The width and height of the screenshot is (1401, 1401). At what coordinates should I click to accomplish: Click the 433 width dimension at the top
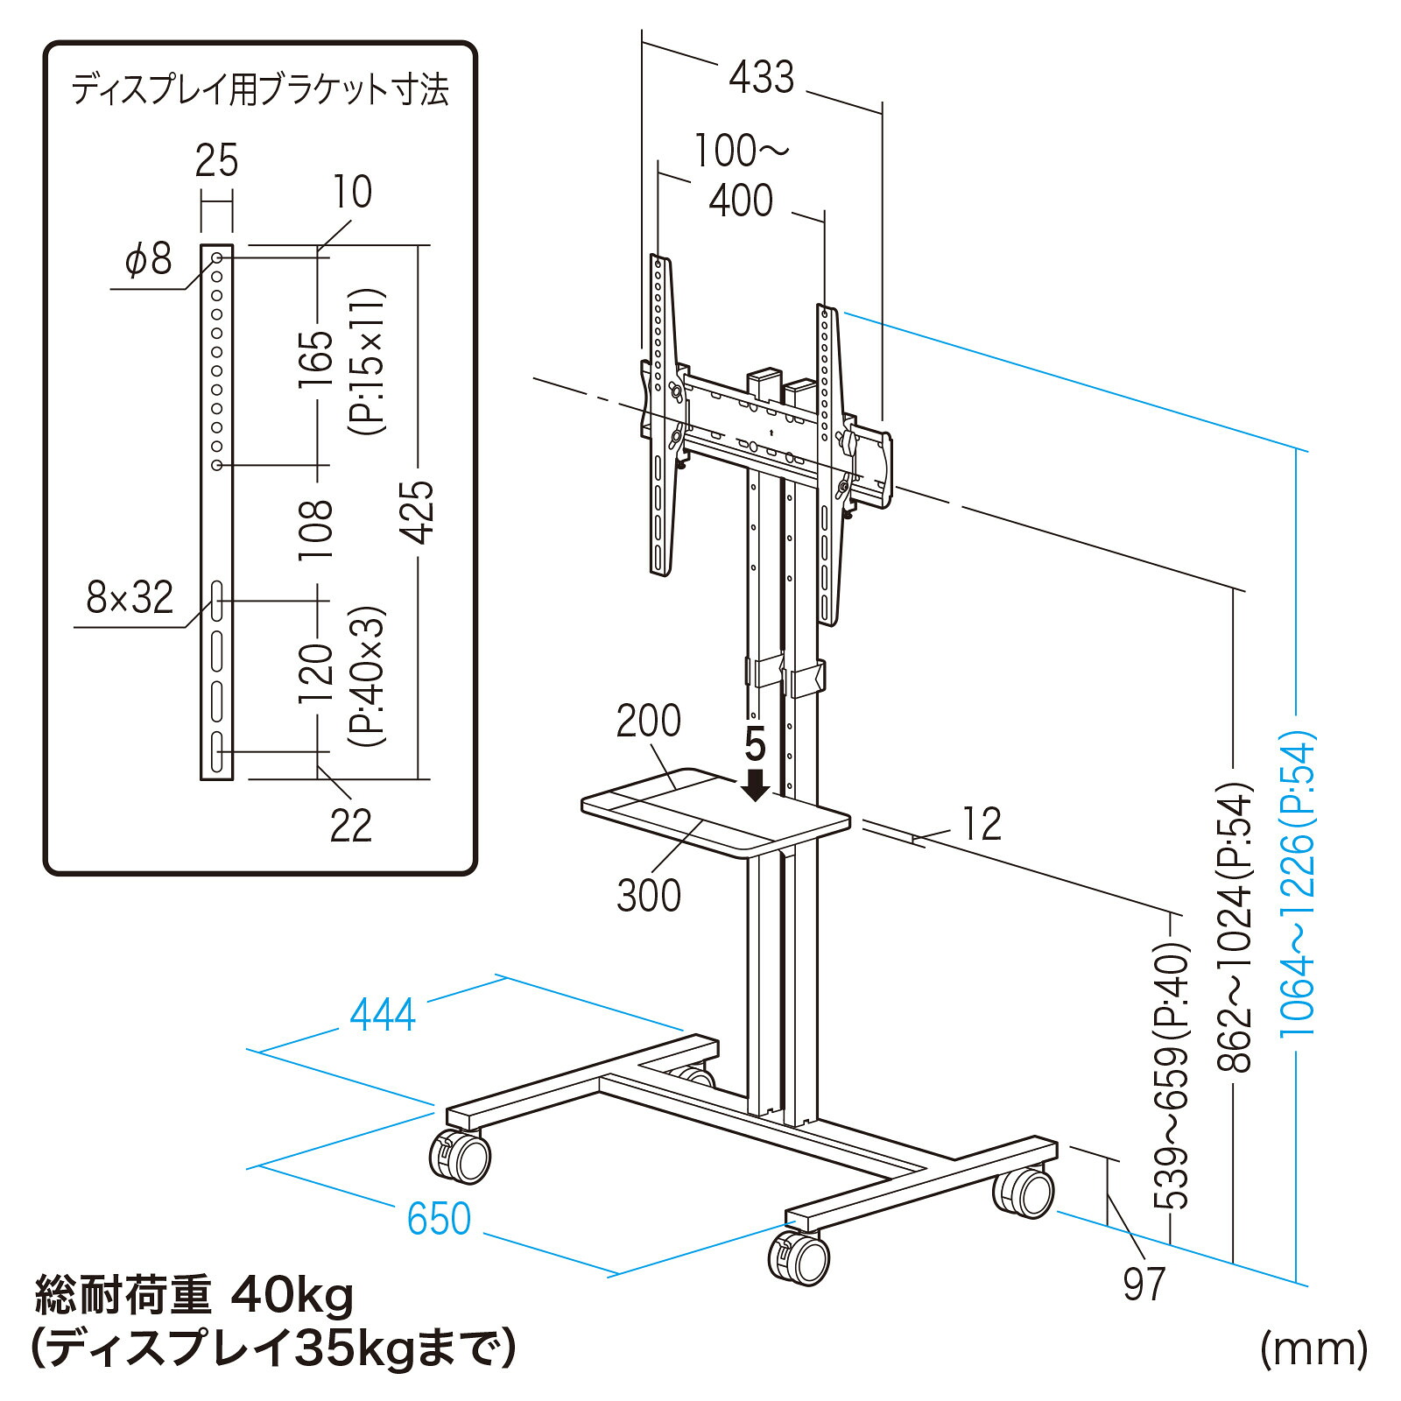coord(762,77)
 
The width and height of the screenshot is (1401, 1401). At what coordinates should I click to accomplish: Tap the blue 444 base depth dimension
coord(383,1016)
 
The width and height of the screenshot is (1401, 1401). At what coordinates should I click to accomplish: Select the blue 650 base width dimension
coord(440,1219)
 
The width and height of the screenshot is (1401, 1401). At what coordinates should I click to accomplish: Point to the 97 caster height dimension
coord(1144,1285)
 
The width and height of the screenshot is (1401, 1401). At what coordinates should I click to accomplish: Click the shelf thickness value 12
coord(982,824)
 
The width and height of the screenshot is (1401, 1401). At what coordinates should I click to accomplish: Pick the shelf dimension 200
coord(648,722)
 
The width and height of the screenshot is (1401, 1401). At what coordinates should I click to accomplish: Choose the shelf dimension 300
coord(649,896)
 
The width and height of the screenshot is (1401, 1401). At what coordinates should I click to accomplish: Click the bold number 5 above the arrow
coord(755,745)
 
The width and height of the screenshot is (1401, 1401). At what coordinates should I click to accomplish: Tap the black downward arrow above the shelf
coord(755,784)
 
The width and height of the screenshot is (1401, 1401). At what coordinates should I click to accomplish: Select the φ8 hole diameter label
coord(149,259)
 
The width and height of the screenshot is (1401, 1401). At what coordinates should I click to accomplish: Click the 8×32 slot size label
coord(130,597)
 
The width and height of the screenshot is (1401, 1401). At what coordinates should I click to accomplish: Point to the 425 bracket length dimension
coord(421,513)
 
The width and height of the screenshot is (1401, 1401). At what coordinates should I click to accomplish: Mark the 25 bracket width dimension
coord(216,161)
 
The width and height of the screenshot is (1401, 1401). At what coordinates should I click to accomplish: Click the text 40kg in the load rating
coord(292,1297)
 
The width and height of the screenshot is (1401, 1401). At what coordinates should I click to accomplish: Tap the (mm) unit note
coord(1313,1349)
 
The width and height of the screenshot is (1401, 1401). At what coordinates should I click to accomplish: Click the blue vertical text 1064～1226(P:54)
coord(1298,884)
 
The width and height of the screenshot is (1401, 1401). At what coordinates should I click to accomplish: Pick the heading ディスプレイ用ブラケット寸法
coord(260,90)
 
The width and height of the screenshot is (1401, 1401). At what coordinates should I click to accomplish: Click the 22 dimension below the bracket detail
coord(351,825)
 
